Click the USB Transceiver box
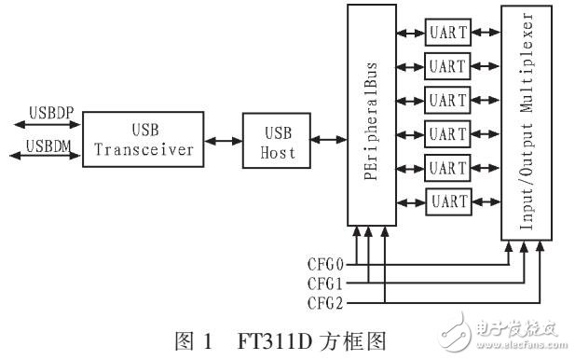[x=140, y=139]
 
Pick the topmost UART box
[x=447, y=32]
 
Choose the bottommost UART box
[x=447, y=201]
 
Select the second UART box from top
[x=447, y=65]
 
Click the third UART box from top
[x=447, y=99]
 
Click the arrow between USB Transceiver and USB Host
[x=220, y=141]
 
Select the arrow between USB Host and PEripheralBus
[x=325, y=141]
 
